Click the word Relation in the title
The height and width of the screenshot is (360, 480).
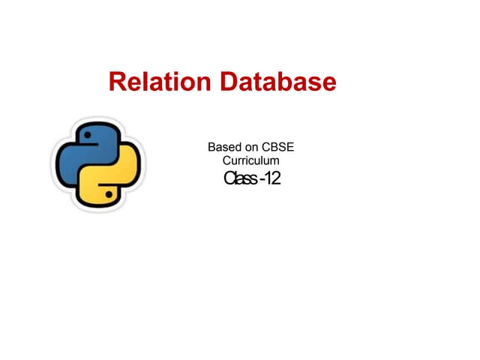(x=160, y=82)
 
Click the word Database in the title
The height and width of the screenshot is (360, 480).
(x=278, y=82)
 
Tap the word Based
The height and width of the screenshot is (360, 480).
(x=224, y=147)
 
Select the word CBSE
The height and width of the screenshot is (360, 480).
(x=277, y=147)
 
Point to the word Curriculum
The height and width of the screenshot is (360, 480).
(x=250, y=160)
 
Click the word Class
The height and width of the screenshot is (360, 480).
(x=240, y=178)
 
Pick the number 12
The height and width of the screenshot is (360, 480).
(x=272, y=178)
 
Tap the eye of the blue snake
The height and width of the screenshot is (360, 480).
(x=88, y=135)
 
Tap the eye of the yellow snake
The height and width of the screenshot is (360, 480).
(x=109, y=194)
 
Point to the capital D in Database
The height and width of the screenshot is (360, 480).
(x=228, y=82)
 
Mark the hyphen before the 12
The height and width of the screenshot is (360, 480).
(x=262, y=179)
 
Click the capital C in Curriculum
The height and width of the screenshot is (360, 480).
(x=226, y=160)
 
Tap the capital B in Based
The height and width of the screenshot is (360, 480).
(x=211, y=147)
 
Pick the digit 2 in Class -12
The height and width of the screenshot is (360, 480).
(x=276, y=178)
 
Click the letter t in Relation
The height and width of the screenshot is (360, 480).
(x=162, y=82)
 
